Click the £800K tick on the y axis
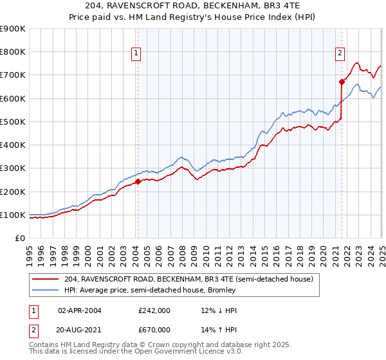(13, 52)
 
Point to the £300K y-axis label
(13, 168)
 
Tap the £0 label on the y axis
(20, 239)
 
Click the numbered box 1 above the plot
(137, 54)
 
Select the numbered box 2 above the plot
(340, 54)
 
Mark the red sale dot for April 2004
(138, 182)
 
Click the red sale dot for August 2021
(342, 82)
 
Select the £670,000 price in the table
(154, 329)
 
